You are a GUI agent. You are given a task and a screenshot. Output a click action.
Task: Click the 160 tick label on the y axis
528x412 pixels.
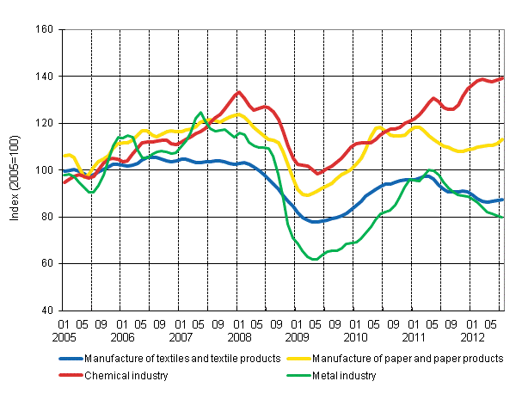[45, 29]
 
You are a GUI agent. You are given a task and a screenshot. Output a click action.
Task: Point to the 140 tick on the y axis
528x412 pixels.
[45, 77]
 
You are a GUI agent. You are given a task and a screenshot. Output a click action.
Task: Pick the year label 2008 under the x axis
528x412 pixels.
[237, 338]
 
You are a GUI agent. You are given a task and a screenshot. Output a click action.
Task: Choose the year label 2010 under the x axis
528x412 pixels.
[354, 338]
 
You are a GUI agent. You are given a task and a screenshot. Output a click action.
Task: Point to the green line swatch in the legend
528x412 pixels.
[299, 375]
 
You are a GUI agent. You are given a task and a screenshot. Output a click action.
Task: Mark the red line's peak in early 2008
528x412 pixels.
[239, 92]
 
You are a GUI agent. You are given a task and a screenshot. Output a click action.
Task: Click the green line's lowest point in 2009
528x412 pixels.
[316, 259]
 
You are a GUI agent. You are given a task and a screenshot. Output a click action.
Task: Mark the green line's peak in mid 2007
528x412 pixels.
[200, 113]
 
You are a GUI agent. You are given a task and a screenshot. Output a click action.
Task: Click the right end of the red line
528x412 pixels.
[503, 78]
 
